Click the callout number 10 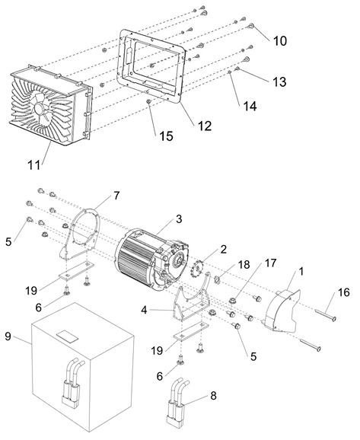click(x=280, y=41)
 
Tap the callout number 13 click(x=279, y=82)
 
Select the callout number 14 click(x=250, y=107)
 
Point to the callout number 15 click(x=167, y=136)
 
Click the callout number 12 click(x=205, y=126)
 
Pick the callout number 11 click(x=33, y=165)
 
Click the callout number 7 click(x=116, y=196)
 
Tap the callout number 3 click(x=179, y=219)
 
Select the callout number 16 click(x=343, y=292)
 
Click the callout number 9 click(x=8, y=336)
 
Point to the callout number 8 click(x=213, y=396)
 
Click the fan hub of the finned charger click(x=39, y=107)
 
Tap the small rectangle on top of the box click(x=68, y=336)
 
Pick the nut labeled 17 click(x=232, y=301)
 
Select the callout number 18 click(x=244, y=264)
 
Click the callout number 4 click(x=144, y=310)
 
